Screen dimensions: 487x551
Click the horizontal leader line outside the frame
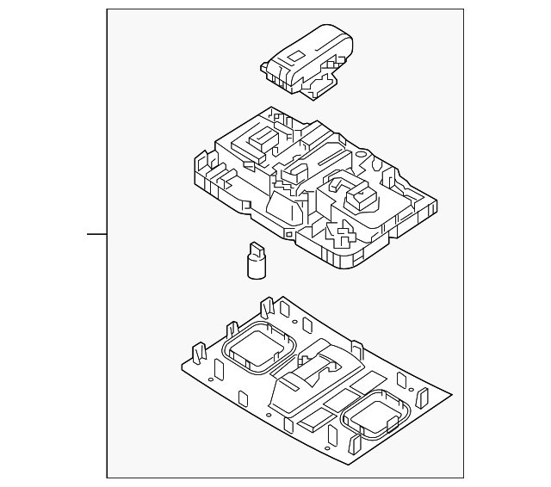click(96, 232)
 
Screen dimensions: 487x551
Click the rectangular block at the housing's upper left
click(259, 139)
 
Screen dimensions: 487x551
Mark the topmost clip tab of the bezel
click(267, 307)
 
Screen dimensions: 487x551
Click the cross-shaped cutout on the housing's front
click(345, 234)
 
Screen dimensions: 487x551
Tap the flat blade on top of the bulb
click(256, 248)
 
